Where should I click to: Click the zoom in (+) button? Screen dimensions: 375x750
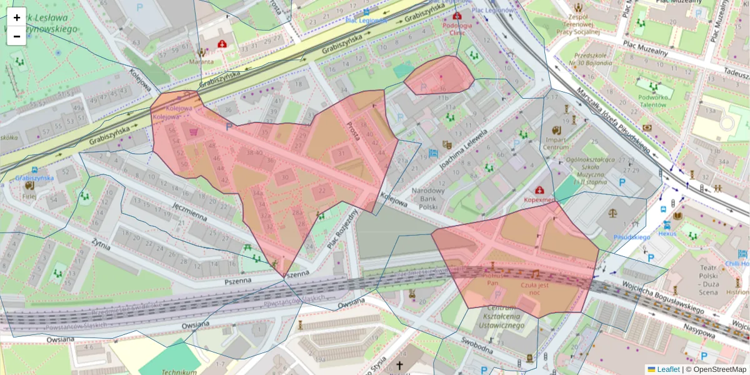[17, 17]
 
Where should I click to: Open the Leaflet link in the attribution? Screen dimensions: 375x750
[667, 369]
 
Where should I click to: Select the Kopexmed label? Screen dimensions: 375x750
[539, 199]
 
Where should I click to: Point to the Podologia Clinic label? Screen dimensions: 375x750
[457, 29]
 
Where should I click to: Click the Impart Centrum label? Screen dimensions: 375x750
[555, 143]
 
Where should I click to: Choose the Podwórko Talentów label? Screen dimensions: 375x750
[654, 101]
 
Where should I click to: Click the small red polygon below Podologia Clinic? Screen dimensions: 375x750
[439, 76]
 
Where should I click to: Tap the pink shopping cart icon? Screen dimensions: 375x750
[194, 132]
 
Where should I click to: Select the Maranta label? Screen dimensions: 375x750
[201, 61]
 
